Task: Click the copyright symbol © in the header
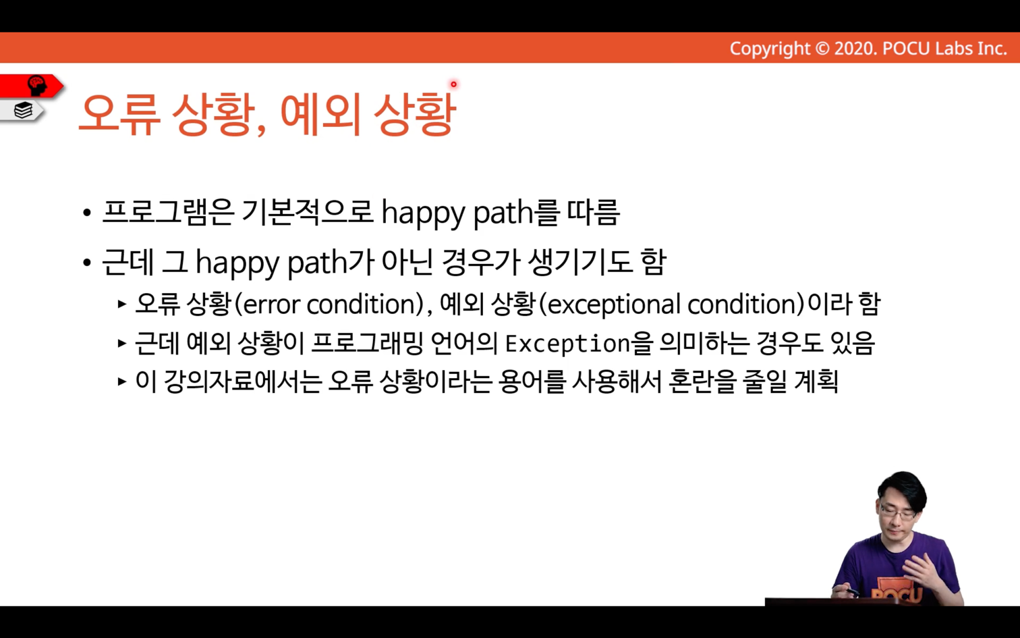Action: (x=822, y=49)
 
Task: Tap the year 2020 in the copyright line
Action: (x=855, y=49)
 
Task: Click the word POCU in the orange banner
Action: (x=906, y=49)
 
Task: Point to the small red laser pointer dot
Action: (x=453, y=84)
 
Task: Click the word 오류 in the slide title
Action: (x=120, y=114)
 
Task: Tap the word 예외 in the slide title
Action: (x=320, y=114)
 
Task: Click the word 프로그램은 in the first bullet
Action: (x=168, y=213)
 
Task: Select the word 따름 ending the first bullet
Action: (x=594, y=213)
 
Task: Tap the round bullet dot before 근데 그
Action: (x=87, y=263)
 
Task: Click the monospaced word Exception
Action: (x=568, y=344)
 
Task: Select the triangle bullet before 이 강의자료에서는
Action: (x=121, y=381)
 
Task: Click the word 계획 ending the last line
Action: (x=816, y=381)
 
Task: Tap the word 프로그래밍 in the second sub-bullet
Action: (x=368, y=343)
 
